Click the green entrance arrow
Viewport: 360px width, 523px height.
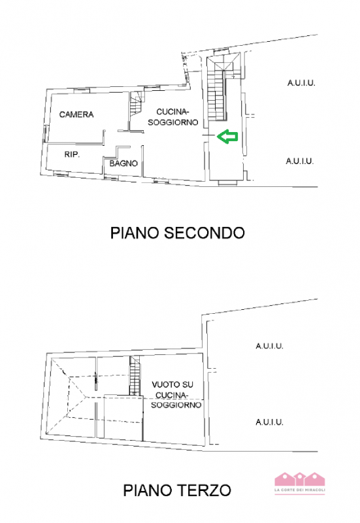point(227,137)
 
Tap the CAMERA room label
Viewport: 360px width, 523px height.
point(76,114)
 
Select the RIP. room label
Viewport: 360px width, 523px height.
point(72,155)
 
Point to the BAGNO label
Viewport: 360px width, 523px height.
point(123,163)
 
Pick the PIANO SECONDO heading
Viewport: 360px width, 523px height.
point(177,233)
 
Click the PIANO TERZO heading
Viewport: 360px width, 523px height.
point(177,490)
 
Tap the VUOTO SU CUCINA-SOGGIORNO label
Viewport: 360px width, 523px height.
point(174,395)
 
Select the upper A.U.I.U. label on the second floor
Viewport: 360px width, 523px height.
point(301,83)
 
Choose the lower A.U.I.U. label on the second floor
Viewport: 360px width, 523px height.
point(300,160)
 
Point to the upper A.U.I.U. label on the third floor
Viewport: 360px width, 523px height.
point(269,346)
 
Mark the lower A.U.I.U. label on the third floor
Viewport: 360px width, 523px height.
point(269,422)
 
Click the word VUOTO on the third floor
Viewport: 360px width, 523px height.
point(164,385)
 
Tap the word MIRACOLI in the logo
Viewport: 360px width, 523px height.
point(315,490)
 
